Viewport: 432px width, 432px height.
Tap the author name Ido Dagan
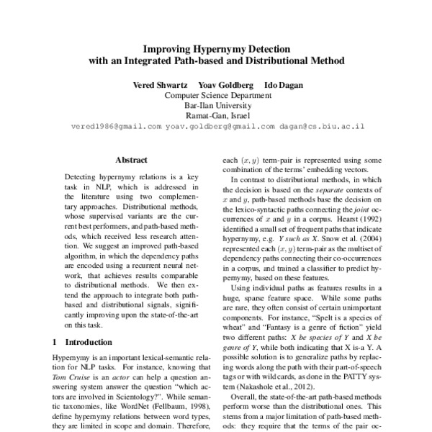282,85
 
